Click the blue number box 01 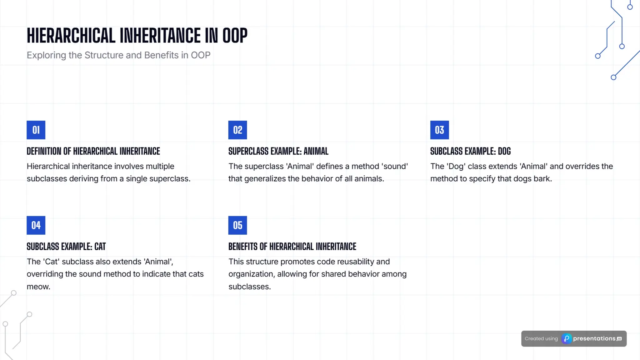coord(36,130)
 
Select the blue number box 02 coord(237,130)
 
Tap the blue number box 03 coord(439,130)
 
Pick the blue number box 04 coord(36,225)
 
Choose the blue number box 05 coord(237,225)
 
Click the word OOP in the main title coord(235,35)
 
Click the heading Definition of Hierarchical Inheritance coord(93,151)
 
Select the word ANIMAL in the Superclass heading coord(316,151)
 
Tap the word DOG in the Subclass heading coord(504,151)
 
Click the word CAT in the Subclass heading coord(100,247)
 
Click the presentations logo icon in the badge coord(567,339)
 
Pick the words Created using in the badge coord(541,339)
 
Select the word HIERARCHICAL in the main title coord(71,35)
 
